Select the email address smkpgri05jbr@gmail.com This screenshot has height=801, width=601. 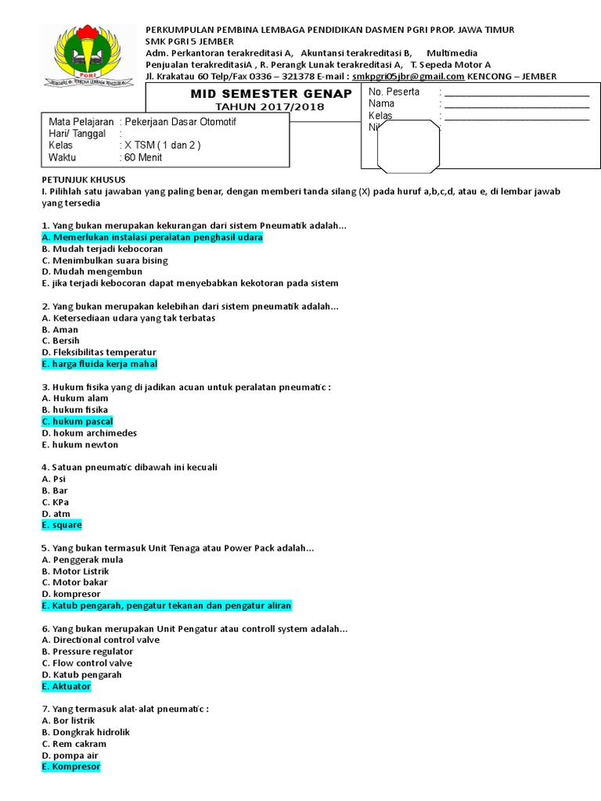click(408, 77)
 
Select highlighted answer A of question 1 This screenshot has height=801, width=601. click(153, 237)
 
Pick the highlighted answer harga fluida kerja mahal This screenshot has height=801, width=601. click(100, 365)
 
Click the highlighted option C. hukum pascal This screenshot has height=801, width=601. click(77, 422)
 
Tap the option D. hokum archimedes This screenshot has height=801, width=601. click(89, 433)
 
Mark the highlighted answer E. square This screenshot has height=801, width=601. click(62, 526)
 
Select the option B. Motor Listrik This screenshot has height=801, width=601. click(75, 571)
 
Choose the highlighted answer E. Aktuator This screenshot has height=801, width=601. click(67, 686)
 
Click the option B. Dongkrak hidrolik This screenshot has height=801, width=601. click(85, 732)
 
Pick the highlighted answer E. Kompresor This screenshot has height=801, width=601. click(71, 767)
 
